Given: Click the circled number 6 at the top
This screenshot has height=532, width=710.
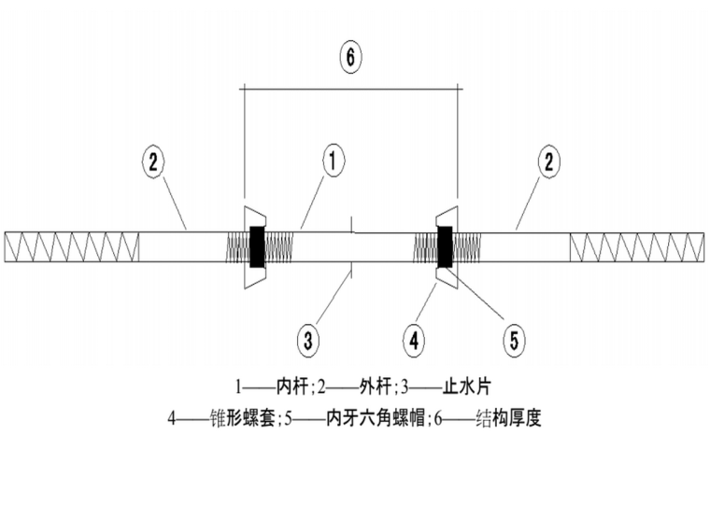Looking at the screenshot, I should click(349, 57).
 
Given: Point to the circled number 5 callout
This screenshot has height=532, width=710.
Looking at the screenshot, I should click(513, 339).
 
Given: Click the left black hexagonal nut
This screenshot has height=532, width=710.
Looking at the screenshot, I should click(256, 247).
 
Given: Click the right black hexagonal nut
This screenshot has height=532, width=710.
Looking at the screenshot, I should click(446, 247).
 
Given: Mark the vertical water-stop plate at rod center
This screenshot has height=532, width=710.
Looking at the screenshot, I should click(351, 247).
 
